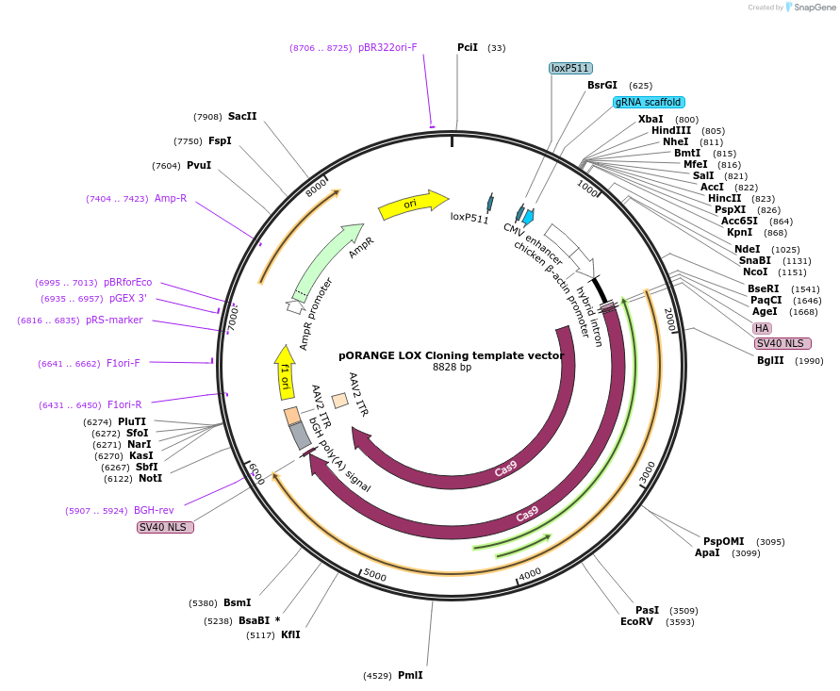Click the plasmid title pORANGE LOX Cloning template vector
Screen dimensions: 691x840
tap(451, 355)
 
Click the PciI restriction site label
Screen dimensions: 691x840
tap(468, 47)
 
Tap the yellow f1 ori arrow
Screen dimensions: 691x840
tap(284, 369)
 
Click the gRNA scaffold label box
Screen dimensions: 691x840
tap(649, 102)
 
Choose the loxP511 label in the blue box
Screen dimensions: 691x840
tap(570, 68)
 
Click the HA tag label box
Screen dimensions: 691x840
tap(762, 328)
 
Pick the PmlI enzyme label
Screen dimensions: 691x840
tap(410, 675)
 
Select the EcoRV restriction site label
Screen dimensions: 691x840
tap(636, 621)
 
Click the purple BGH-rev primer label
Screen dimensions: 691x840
tap(154, 510)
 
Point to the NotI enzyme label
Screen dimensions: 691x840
tap(150, 478)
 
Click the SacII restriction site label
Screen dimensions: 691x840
tap(242, 116)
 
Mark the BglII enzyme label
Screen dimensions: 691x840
tap(770, 360)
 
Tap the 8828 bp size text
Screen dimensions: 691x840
tap(452, 368)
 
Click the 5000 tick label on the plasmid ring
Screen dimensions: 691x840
tap(375, 575)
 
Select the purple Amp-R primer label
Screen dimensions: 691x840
tap(171, 198)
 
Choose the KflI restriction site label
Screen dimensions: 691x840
tap(290, 634)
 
